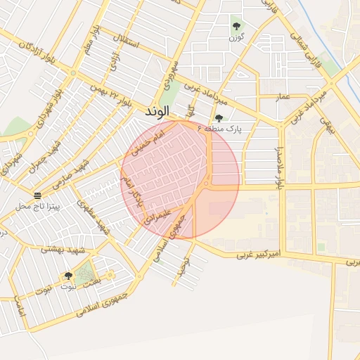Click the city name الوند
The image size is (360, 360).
[157, 112]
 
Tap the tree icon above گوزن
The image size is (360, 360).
[236, 27]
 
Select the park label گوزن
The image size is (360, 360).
[236, 37]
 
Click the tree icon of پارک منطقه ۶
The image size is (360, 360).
[219, 119]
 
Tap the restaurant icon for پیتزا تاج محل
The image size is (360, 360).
[37, 195]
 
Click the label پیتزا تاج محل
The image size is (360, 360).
[38, 207]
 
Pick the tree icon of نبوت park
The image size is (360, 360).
[68, 276]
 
